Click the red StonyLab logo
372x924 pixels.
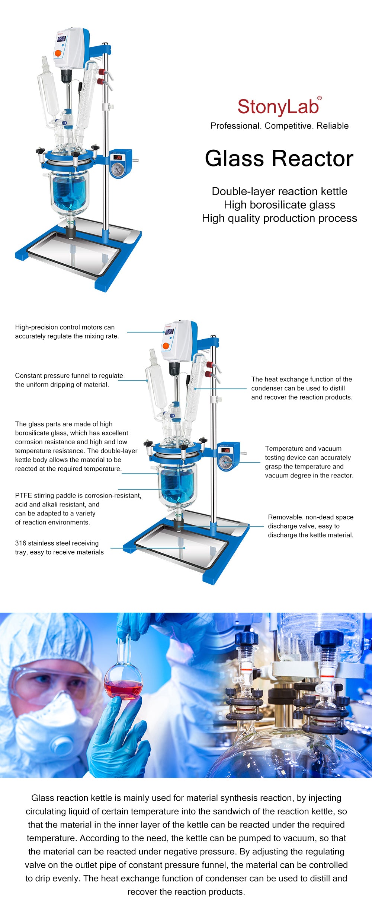point(278,107)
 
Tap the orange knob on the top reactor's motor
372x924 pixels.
point(58,53)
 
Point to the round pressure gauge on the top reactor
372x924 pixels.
point(118,170)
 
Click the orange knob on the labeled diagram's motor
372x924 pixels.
point(166,346)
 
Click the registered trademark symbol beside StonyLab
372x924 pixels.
point(319,98)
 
